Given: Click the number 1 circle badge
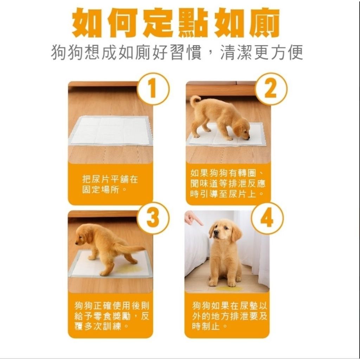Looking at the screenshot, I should click(x=153, y=89).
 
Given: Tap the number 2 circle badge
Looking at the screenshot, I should click(x=271, y=89).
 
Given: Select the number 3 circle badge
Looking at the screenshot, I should click(x=153, y=218).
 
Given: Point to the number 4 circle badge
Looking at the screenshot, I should click(x=267, y=218).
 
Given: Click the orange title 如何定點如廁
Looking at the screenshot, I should click(x=176, y=23).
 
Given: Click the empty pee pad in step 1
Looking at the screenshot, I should click(x=110, y=130).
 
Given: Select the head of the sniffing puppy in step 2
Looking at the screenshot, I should click(x=242, y=129).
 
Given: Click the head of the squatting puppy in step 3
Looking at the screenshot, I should click(x=84, y=235).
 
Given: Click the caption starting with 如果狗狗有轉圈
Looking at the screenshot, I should click(x=228, y=183).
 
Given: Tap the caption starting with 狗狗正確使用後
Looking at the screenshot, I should click(x=112, y=316).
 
